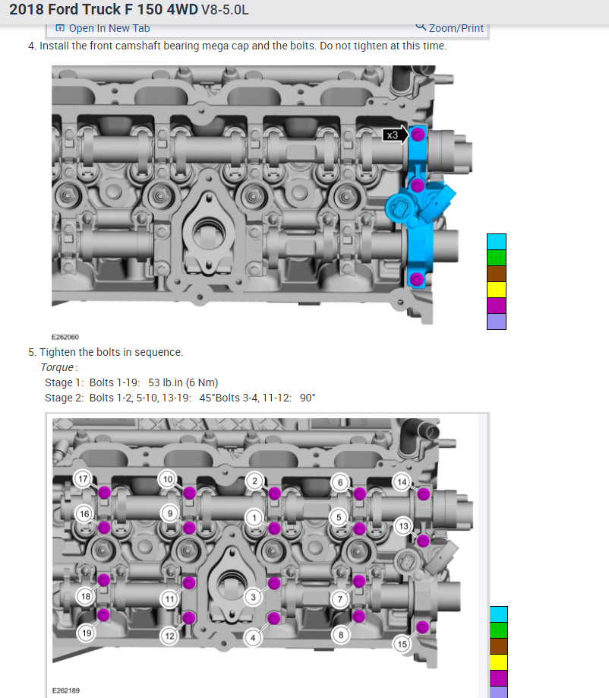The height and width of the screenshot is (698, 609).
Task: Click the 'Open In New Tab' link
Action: point(103,28)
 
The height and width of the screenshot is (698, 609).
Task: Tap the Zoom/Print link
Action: point(450,27)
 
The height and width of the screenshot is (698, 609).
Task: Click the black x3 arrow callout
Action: point(395,135)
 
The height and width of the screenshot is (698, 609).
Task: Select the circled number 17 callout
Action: point(83,479)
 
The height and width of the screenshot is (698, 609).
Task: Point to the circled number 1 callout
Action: point(254,518)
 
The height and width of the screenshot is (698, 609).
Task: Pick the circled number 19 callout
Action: point(87,633)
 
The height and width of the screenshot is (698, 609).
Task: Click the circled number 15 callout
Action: point(402,644)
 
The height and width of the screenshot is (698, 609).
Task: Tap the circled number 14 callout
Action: point(402,482)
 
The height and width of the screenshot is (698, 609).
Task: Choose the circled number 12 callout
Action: point(169,636)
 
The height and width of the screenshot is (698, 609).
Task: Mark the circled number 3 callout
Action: point(254,597)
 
